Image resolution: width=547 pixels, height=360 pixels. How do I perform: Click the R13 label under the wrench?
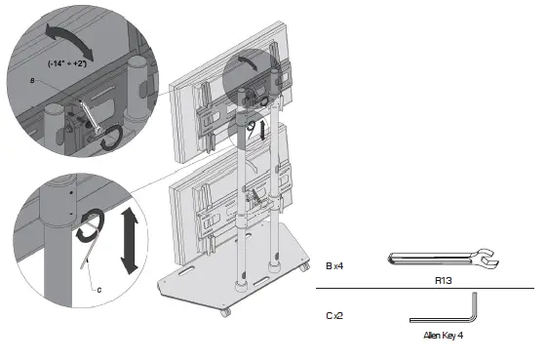point(444,278)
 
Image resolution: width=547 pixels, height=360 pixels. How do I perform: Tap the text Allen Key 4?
point(443,335)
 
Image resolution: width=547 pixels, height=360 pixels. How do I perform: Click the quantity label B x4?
point(333,264)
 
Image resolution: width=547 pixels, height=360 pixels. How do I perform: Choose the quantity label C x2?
point(333,316)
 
